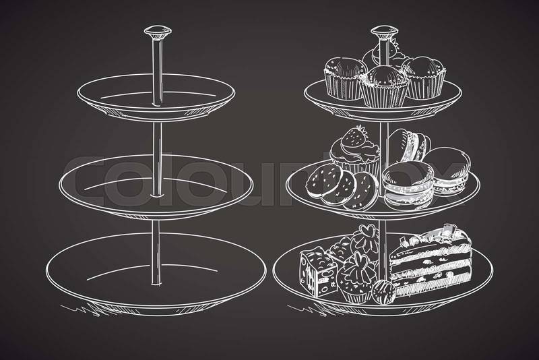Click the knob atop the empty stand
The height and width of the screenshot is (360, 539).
tap(158, 32)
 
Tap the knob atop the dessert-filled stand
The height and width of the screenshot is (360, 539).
tap(384, 32)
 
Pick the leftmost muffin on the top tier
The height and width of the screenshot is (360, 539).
tap(344, 78)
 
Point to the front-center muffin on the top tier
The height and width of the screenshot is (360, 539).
tap(384, 87)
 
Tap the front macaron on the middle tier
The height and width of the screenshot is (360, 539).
tap(408, 185)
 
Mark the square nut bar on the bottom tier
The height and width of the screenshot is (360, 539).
tap(318, 272)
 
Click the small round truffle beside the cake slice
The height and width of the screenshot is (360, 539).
tap(383, 293)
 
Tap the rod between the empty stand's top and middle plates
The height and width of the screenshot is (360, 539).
tap(157, 158)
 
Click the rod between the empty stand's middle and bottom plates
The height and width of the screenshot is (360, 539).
tap(156, 252)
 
